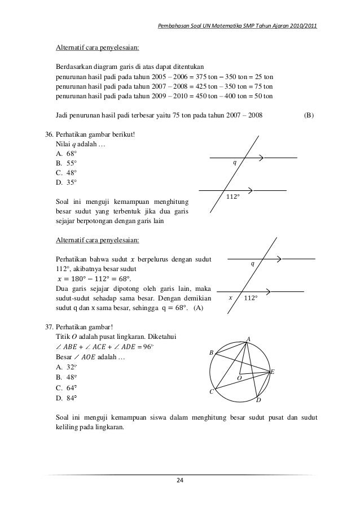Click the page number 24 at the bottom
point(180,481)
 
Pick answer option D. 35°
point(66,182)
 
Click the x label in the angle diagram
point(230,297)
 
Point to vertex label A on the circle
point(248,338)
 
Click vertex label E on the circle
point(272,372)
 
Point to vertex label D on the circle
point(258,400)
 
